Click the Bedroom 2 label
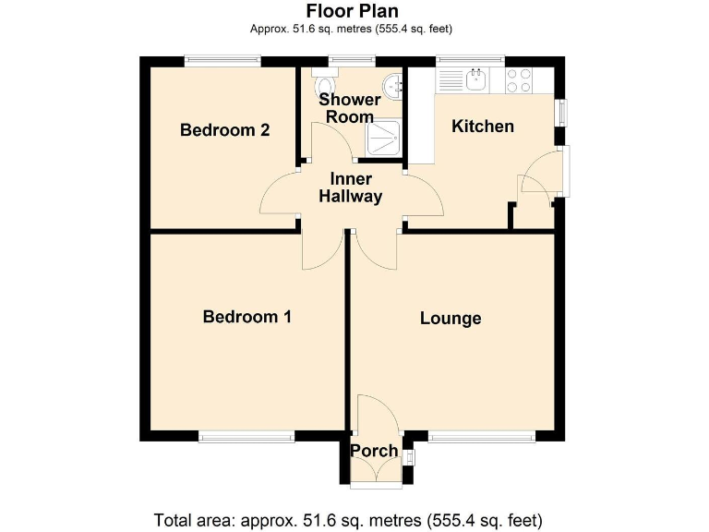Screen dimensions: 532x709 224,130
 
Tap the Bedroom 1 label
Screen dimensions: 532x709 247,317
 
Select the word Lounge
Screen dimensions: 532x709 451,319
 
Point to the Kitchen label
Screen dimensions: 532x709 482,127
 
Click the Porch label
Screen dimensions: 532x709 374,452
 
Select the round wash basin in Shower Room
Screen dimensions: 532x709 395,86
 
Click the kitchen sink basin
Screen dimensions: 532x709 477,80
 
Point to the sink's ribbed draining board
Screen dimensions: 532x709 451,80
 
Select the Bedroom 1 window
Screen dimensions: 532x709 246,437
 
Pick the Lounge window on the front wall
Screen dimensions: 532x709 481,437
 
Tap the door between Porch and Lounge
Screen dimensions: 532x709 378,414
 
